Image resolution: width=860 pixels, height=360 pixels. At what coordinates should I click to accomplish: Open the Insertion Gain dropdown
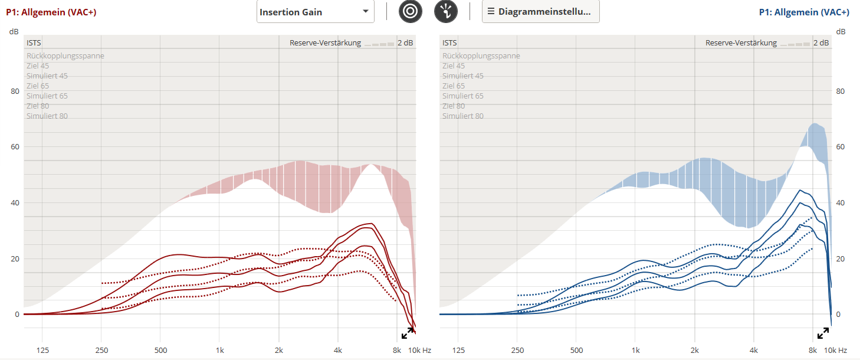coord(315,12)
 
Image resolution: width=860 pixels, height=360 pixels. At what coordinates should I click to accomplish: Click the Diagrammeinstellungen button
coord(540,12)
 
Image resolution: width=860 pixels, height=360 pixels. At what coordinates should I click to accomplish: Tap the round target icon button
coord(410,12)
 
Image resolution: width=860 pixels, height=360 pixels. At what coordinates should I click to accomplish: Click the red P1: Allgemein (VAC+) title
coord(51,12)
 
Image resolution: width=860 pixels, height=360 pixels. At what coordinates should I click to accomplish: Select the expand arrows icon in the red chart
coord(408,333)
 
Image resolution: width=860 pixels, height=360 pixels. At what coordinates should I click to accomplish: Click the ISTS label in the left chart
coord(34,43)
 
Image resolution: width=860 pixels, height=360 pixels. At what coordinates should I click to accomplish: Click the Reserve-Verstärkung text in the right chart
coord(741,43)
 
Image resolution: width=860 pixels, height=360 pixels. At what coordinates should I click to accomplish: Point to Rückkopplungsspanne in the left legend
coord(65,56)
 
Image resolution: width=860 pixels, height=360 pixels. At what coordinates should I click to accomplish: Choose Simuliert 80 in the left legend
coord(47,116)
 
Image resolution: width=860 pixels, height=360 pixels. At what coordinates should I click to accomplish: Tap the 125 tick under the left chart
coord(42,351)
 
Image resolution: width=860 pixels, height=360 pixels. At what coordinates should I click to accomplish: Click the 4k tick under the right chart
coord(754,351)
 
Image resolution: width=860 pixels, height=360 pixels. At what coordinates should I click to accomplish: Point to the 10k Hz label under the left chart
coord(420,351)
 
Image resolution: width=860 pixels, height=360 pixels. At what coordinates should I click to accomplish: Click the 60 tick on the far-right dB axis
coord(841,147)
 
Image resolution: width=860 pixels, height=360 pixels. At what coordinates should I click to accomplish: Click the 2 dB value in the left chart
coord(405,43)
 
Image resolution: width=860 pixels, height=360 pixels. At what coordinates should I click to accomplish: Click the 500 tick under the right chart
coord(576,351)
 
